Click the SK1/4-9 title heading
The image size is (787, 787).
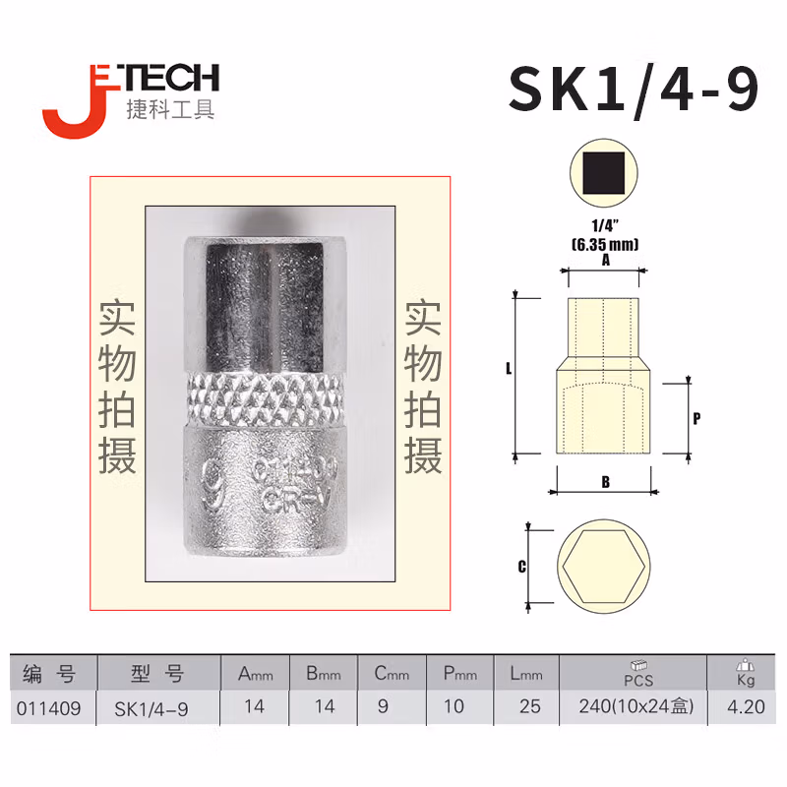pos(634,90)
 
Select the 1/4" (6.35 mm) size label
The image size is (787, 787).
pos(604,236)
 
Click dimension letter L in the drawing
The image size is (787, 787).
pos(508,370)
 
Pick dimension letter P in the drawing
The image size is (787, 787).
pos(696,417)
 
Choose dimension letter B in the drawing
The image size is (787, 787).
pos(605,482)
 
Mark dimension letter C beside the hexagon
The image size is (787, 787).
pos(522,567)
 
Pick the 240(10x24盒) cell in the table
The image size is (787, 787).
pos(633,706)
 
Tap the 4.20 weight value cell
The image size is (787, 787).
pos(744,706)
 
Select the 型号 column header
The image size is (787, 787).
pos(157,674)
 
